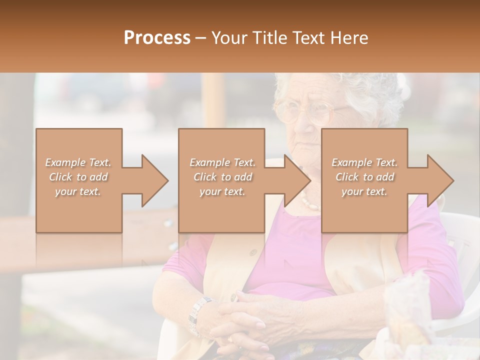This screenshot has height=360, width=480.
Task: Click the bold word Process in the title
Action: [157, 38]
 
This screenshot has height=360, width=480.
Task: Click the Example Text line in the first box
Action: [78, 162]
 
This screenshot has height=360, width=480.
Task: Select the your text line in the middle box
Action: [222, 191]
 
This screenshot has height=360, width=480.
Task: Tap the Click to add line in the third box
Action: [364, 177]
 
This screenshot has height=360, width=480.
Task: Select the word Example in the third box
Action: [351, 162]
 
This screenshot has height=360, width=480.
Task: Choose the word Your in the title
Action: [227, 38]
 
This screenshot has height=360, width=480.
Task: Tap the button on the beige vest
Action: [253, 252]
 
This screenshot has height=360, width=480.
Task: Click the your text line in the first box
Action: [78, 191]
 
